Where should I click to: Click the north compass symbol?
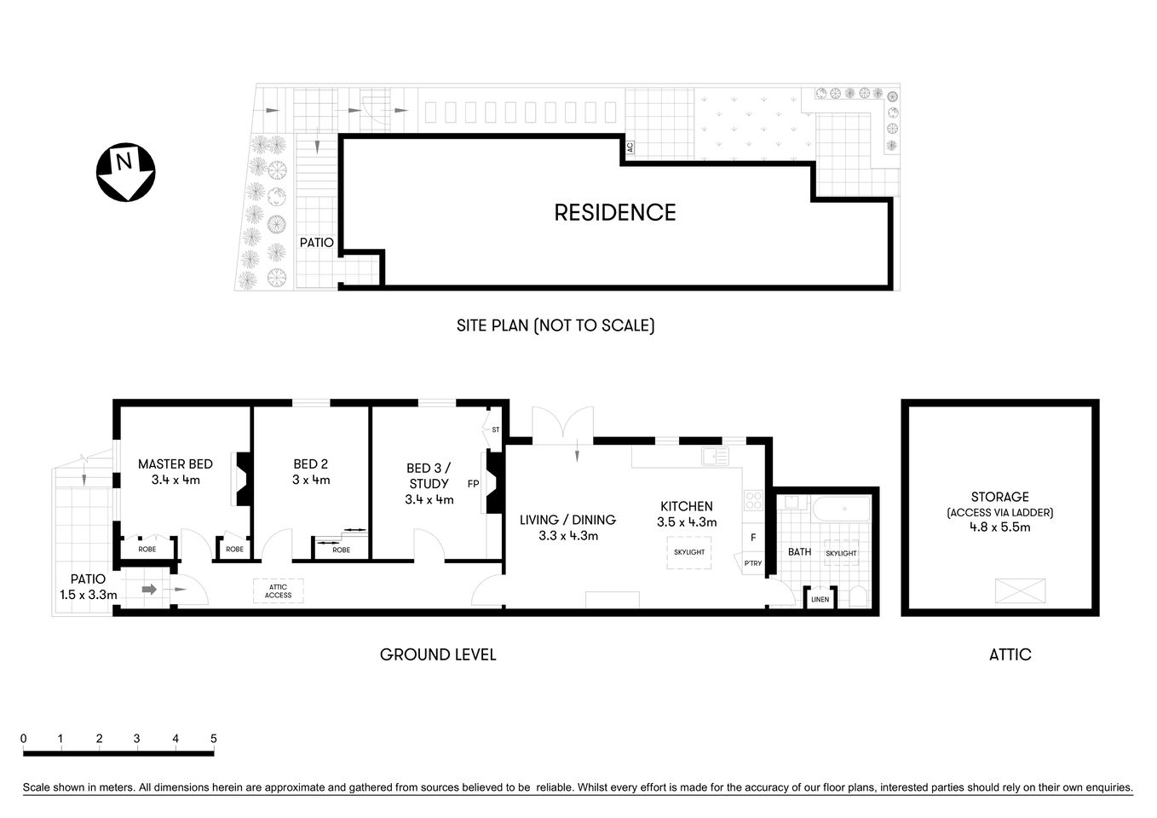click(124, 173)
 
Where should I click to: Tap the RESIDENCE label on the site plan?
click(614, 212)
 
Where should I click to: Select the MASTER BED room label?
click(175, 464)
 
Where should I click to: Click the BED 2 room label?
click(310, 464)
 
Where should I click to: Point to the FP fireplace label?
click(473, 484)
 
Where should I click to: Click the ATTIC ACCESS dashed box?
click(278, 590)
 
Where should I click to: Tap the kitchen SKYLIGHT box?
click(688, 552)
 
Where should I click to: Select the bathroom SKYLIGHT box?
click(841, 553)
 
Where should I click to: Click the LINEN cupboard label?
click(820, 599)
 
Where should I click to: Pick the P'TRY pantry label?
click(752, 563)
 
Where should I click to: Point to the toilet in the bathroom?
click(858, 596)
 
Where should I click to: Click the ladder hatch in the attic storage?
click(1020, 590)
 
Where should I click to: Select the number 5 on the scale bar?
click(213, 739)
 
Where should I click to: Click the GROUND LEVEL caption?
click(437, 654)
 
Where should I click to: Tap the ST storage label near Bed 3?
click(495, 430)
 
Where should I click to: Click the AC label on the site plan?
click(629, 147)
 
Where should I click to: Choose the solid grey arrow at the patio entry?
click(149, 589)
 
